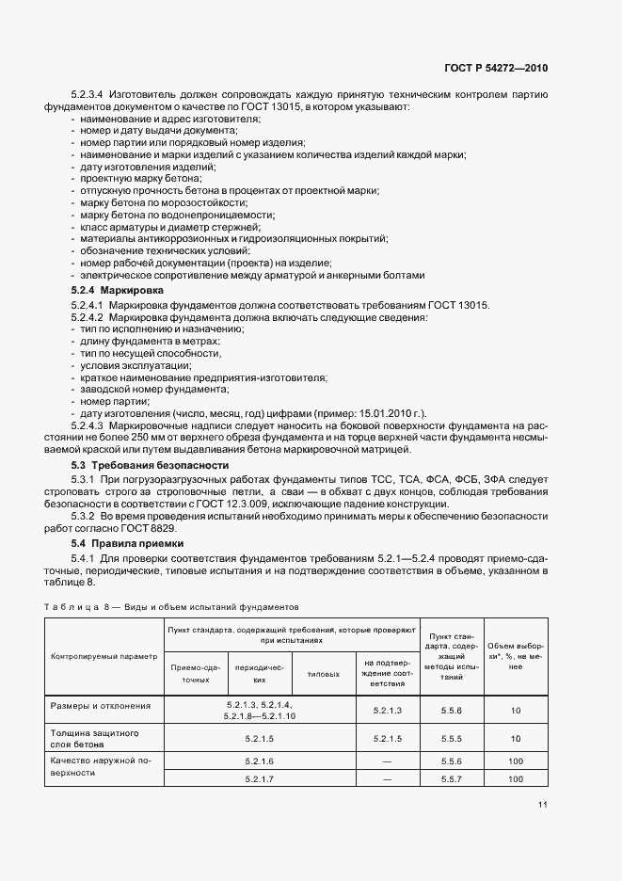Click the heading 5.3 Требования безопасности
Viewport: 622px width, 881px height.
151,465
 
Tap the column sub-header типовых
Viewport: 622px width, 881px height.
324,675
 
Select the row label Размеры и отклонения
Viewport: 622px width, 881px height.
99,704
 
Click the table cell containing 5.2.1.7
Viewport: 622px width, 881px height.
259,779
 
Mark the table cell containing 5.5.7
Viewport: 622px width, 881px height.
452,779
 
